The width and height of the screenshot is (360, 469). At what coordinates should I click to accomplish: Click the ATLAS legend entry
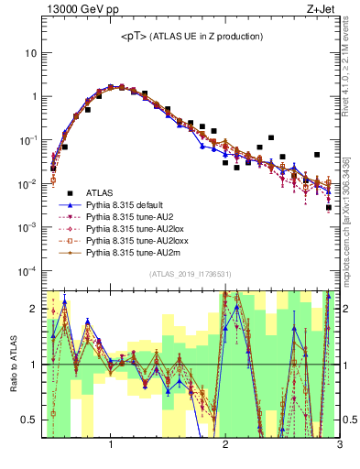click(104, 192)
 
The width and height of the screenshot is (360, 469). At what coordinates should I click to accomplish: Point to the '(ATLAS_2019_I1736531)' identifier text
click(190, 275)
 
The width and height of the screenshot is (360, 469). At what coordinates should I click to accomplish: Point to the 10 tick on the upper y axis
click(31, 53)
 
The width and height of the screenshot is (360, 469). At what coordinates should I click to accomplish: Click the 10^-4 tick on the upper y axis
click(27, 270)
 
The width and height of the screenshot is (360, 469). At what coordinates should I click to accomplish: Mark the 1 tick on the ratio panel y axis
click(35, 365)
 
